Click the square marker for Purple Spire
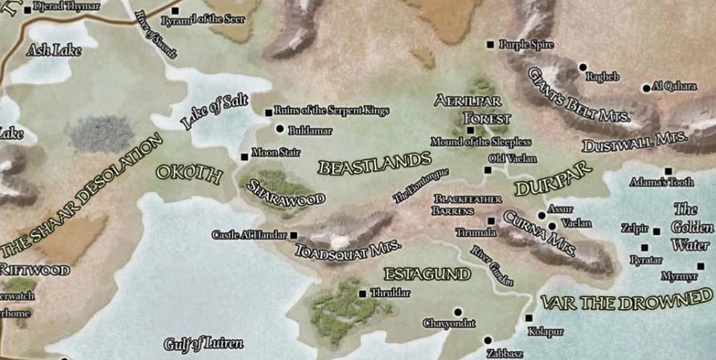490,45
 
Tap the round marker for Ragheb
583,67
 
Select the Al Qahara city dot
646,88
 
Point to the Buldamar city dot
280,129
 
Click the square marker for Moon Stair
244,157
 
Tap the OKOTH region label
189,175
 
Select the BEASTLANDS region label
374,163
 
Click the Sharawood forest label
286,192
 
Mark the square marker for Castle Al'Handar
293,235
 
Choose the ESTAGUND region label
427,274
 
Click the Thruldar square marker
362,293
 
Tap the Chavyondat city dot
458,312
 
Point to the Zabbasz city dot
488,340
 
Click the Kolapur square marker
529,318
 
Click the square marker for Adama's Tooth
668,170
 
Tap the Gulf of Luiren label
203,344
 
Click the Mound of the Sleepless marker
470,130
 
